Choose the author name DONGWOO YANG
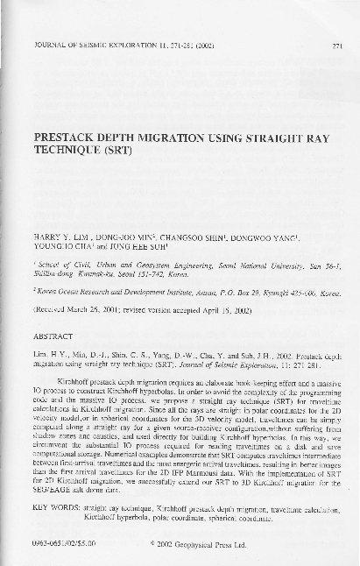click(x=265, y=237)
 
